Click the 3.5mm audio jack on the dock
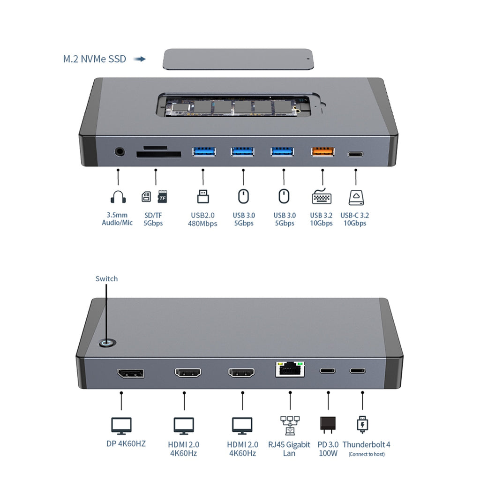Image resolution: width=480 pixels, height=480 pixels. click(120, 151)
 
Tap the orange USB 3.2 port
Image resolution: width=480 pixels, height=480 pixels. click(322, 151)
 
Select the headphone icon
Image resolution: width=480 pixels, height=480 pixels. click(118, 197)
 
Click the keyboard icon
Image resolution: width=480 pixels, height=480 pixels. click(322, 196)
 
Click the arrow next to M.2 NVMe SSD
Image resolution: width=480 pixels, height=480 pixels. click(140, 59)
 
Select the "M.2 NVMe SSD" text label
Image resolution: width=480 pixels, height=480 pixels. click(95, 59)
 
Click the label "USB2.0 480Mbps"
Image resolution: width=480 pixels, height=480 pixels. click(202, 219)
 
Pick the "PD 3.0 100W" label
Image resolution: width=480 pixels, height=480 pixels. click(328, 449)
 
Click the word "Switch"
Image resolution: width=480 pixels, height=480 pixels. click(106, 278)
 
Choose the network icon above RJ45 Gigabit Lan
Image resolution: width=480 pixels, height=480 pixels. click(290, 425)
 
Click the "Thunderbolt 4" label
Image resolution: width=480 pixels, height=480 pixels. click(366, 444)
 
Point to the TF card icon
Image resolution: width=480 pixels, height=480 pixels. click(162, 196)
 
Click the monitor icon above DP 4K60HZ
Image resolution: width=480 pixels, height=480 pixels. click(121, 426)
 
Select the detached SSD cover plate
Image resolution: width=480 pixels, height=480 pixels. click(238, 59)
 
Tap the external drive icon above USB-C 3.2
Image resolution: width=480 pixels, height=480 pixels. click(356, 197)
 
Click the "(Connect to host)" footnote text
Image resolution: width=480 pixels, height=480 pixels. click(367, 454)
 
